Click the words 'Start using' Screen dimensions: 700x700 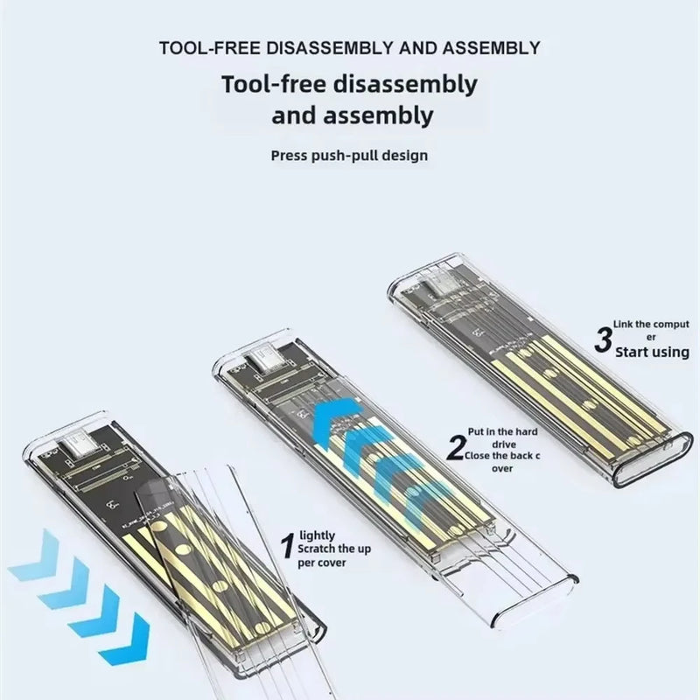coord(652,352)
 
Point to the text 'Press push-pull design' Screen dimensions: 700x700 coord(349,156)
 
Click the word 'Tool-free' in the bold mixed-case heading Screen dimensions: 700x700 coord(275,86)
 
